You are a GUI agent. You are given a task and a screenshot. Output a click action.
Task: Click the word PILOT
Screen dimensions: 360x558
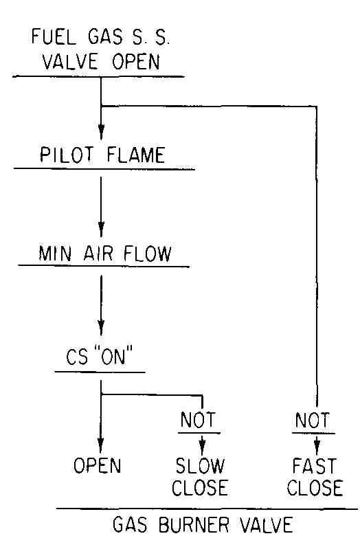coord(67,155)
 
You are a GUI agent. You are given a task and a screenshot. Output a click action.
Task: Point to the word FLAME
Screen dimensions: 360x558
coord(136,155)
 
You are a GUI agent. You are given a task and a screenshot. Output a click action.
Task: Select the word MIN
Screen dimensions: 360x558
coord(55,254)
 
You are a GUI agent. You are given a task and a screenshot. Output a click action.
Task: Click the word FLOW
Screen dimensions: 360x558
coord(147,254)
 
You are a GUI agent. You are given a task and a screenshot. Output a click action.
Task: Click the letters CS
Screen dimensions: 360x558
coord(77,357)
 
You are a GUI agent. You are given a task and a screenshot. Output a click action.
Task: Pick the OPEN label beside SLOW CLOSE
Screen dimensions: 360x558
coord(97,465)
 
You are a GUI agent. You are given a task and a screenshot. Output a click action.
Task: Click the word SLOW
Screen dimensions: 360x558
coord(200,465)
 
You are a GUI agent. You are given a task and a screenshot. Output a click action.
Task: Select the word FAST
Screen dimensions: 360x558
coord(314,465)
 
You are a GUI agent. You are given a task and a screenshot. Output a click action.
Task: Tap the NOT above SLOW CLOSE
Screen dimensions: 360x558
coord(198,420)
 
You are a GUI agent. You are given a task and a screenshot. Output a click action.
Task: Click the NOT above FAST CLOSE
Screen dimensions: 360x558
coord(313,420)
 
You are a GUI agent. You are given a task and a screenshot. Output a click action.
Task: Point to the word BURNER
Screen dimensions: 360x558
coord(194,524)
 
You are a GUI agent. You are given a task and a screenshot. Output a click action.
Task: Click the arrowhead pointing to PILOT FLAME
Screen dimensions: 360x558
coord(101,132)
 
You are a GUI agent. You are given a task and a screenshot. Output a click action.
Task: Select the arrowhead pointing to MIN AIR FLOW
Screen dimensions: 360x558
coord(101,229)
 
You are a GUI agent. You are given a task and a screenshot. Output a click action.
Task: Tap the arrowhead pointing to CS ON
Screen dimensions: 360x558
coord(101,327)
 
